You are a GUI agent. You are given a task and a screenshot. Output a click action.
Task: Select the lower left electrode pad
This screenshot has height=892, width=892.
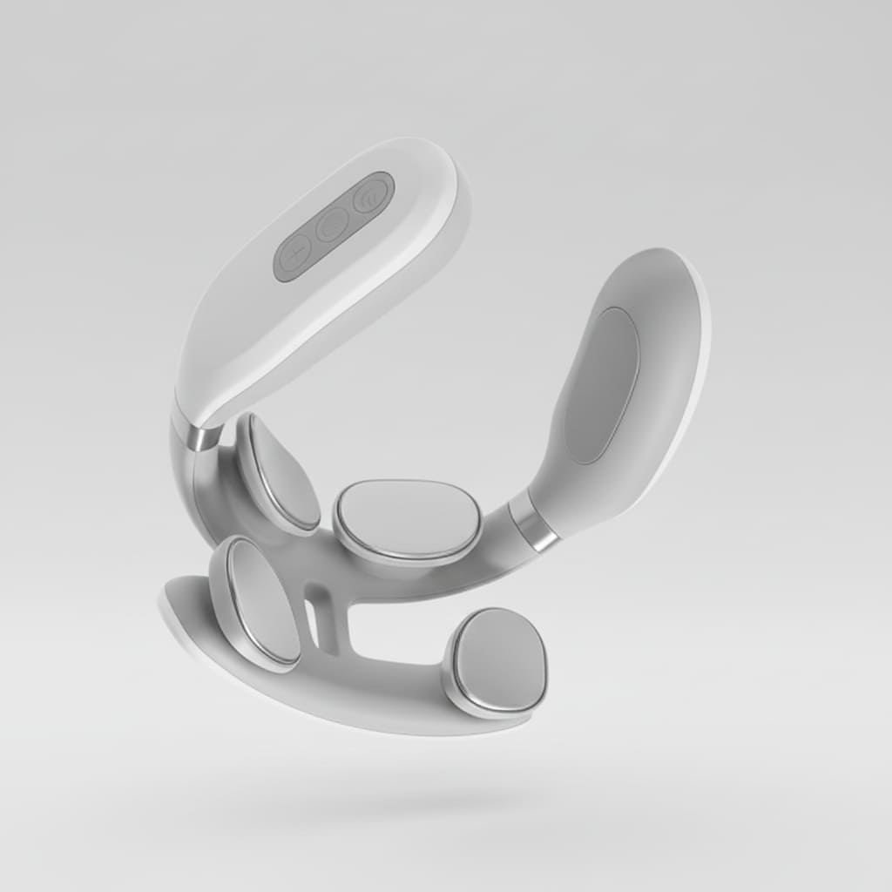pyautogui.click(x=262, y=601)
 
